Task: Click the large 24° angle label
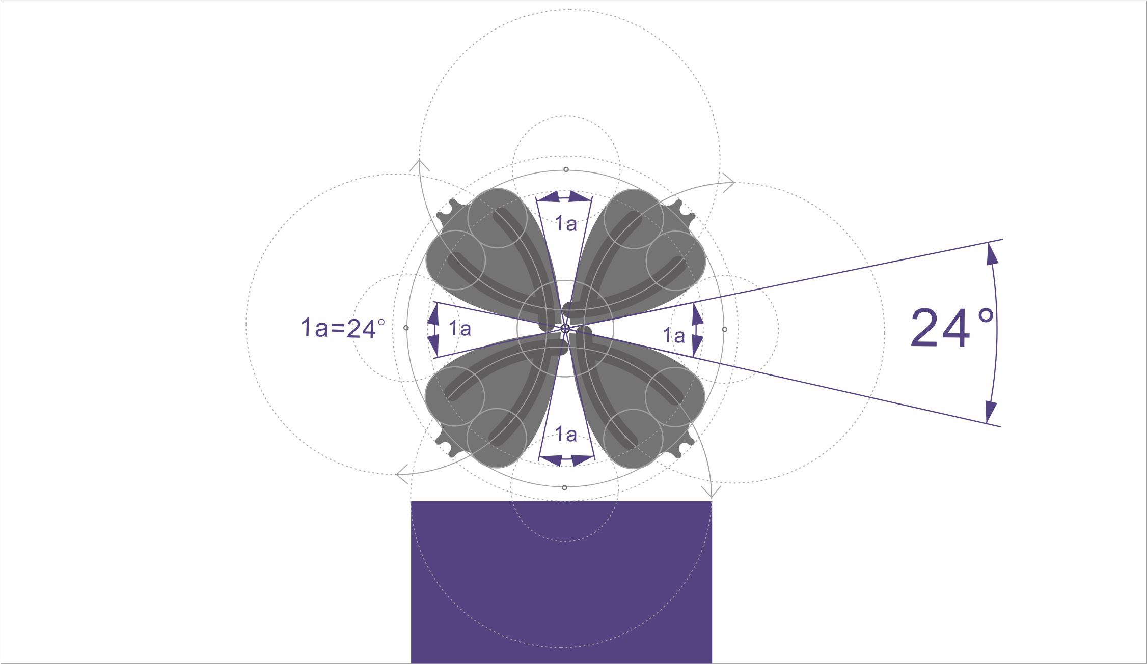pyautogui.click(x=952, y=328)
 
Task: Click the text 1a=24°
pyautogui.click(x=343, y=328)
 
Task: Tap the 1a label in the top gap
pyautogui.click(x=566, y=223)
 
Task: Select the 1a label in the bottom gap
pyautogui.click(x=566, y=434)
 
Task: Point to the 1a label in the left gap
pyautogui.click(x=460, y=329)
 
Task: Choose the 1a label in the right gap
pyautogui.click(x=674, y=335)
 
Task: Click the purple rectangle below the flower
pyautogui.click(x=561, y=582)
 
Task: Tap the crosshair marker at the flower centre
pyautogui.click(x=565, y=329)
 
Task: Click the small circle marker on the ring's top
pyautogui.click(x=566, y=169)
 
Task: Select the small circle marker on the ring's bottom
pyautogui.click(x=564, y=487)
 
